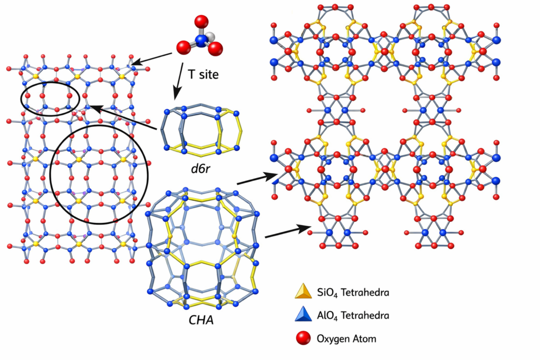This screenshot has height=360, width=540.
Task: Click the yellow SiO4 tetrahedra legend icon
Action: click(302, 291)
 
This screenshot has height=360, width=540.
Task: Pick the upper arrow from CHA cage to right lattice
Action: click(258, 179)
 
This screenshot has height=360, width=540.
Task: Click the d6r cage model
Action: click(202, 130)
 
